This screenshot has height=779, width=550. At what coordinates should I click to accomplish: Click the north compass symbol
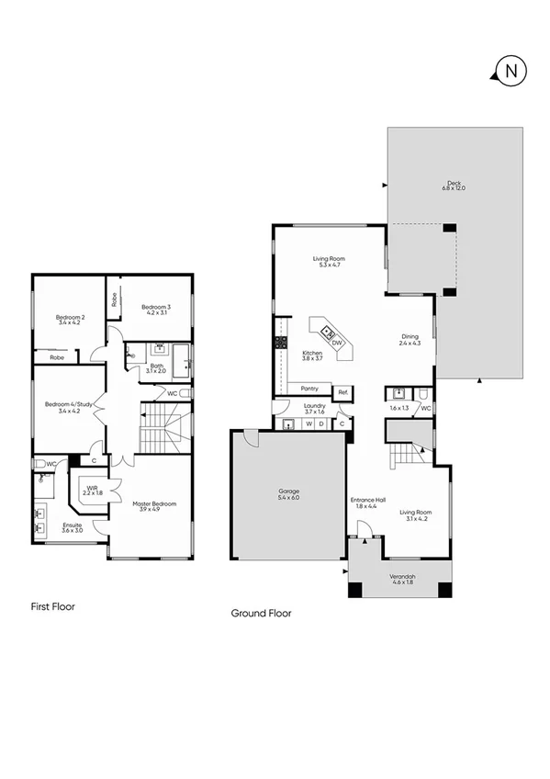click(x=510, y=70)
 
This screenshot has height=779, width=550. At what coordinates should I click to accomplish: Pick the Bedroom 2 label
click(x=69, y=319)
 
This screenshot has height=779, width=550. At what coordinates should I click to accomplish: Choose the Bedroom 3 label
click(x=154, y=309)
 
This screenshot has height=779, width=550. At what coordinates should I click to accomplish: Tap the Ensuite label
click(x=72, y=527)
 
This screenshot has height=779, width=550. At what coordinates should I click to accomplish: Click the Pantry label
click(x=309, y=389)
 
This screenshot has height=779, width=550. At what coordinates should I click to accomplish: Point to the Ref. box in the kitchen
click(x=342, y=392)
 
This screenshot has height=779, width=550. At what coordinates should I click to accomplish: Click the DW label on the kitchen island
click(x=337, y=343)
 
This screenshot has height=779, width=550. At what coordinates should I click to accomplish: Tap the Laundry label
click(x=315, y=407)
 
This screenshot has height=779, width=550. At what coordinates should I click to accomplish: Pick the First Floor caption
click(x=52, y=606)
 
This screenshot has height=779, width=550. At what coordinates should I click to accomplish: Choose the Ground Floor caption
click(x=261, y=613)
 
